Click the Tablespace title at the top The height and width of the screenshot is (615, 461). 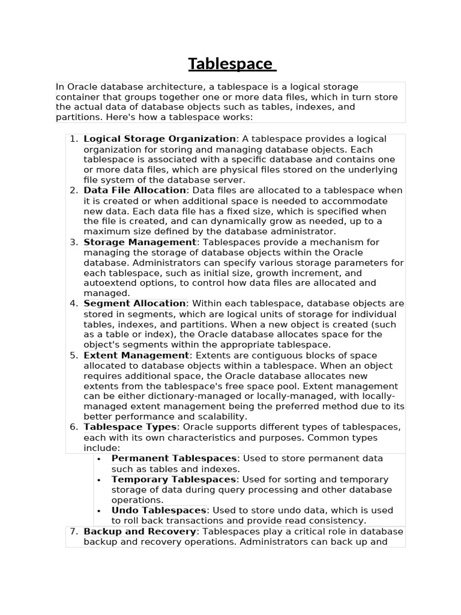[x=231, y=64]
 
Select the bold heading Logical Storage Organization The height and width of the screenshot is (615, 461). [x=159, y=139]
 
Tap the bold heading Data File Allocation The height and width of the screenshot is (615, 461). [x=134, y=190]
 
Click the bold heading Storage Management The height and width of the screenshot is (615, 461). [x=140, y=242]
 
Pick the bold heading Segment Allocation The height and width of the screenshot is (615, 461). [x=134, y=303]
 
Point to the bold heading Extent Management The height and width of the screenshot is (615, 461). [x=136, y=355]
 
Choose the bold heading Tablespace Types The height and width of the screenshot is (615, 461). [x=130, y=427]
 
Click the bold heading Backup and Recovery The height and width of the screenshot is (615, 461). [x=140, y=532]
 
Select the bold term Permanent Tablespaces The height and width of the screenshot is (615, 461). [x=175, y=458]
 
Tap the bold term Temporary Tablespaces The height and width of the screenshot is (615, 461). [x=173, y=479]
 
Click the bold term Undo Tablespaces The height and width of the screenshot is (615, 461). [x=158, y=510]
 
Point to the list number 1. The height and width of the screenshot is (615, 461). [x=73, y=139]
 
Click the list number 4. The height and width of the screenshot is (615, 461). [x=73, y=303]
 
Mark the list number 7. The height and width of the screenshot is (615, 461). [x=73, y=532]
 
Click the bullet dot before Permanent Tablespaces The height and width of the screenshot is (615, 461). [x=98, y=459]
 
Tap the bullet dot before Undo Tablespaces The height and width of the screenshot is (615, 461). [x=98, y=510]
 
